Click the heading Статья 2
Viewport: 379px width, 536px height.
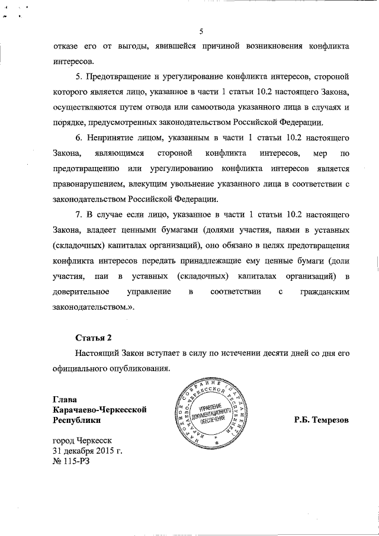93,338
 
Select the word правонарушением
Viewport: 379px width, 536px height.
87,185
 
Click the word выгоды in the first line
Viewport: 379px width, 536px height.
137,46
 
